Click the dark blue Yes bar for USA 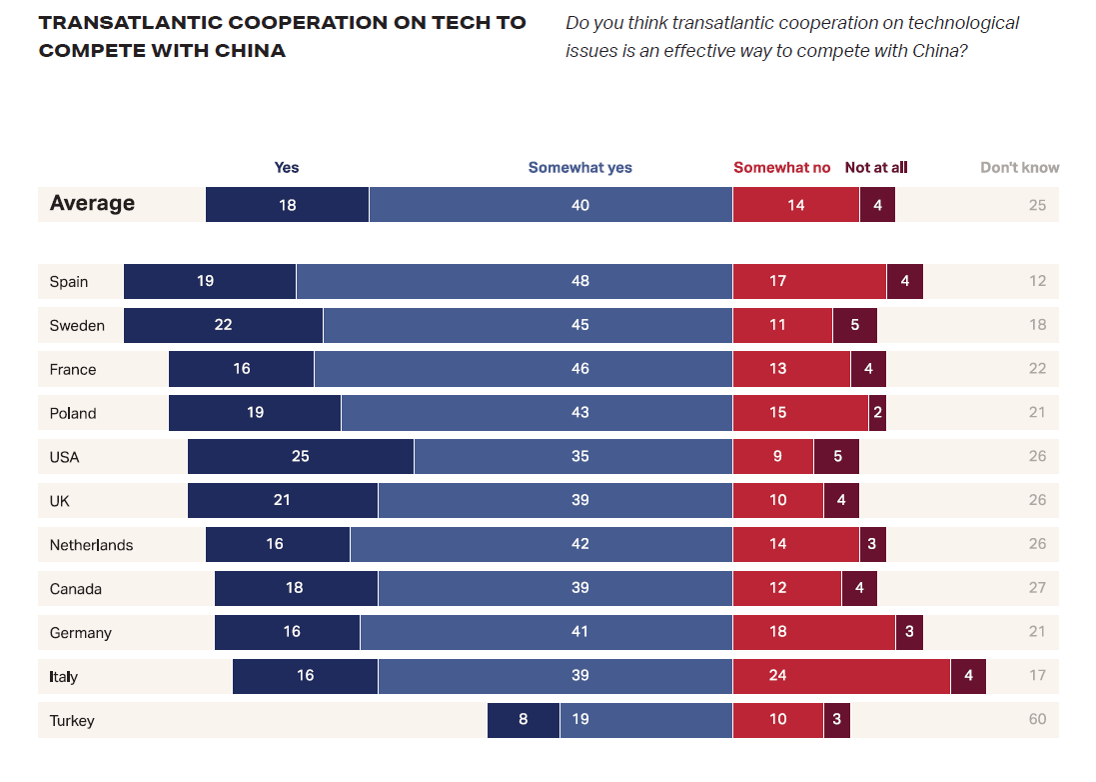click(x=300, y=457)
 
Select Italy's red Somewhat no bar click(x=841, y=676)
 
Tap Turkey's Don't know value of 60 click(x=1037, y=720)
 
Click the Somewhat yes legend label click(x=579, y=168)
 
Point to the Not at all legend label click(x=876, y=168)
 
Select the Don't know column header click(x=1019, y=168)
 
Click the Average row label click(x=92, y=204)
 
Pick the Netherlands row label click(x=91, y=545)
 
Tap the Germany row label click(x=80, y=633)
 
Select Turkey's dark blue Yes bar click(x=524, y=720)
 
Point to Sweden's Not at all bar click(x=854, y=325)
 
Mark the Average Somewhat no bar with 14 click(x=795, y=205)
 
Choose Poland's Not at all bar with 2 click(x=877, y=413)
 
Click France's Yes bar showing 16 click(x=241, y=369)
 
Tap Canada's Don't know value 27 click(x=1037, y=588)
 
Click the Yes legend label click(x=287, y=168)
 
